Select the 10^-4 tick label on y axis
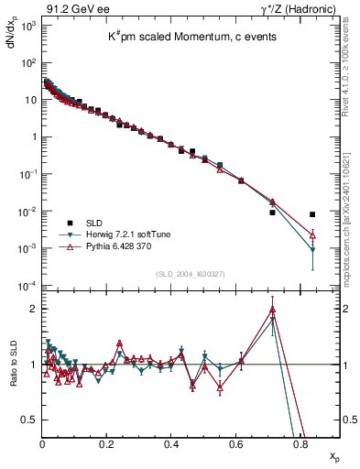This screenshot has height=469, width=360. [26, 286]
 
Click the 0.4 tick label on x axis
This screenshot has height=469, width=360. [171, 445]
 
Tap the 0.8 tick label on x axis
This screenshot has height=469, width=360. [300, 445]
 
